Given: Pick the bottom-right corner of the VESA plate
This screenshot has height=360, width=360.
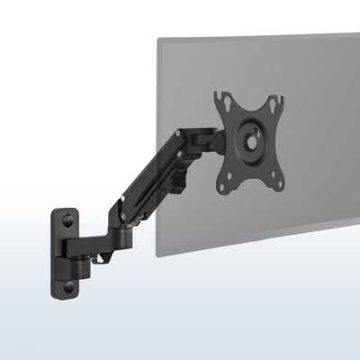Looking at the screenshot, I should coord(285,184).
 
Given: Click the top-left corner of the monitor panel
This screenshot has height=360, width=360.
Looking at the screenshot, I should coord(159,39).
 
